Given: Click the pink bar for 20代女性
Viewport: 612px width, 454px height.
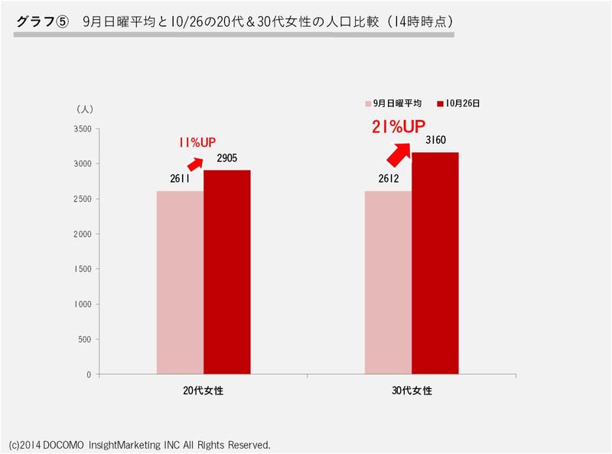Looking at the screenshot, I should (180, 283).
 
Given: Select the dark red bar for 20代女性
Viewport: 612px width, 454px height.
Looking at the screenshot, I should (226, 272).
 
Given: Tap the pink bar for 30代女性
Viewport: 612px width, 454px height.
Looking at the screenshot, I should (389, 283).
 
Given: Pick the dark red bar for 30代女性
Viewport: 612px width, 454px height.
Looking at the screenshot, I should (435, 264).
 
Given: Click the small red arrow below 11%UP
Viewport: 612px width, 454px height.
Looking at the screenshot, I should (196, 163).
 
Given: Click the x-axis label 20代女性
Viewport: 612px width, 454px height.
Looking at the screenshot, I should (203, 390).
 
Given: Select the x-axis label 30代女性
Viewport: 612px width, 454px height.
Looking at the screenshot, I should (412, 390).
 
